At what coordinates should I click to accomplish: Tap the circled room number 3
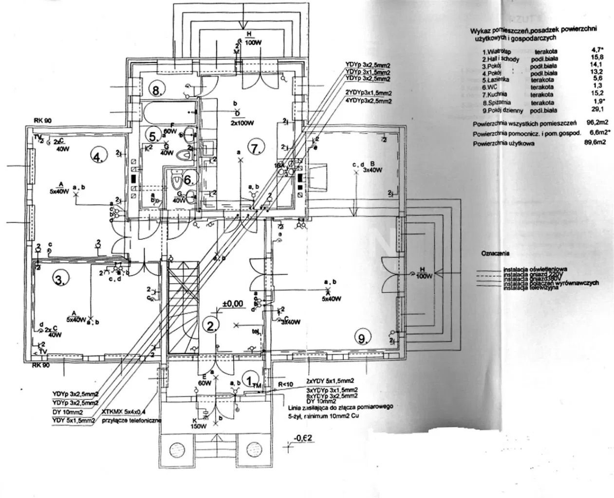[59, 280]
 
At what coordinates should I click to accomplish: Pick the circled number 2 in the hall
[211, 325]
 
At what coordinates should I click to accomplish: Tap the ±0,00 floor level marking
[232, 304]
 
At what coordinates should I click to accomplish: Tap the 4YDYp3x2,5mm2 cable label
[368, 101]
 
